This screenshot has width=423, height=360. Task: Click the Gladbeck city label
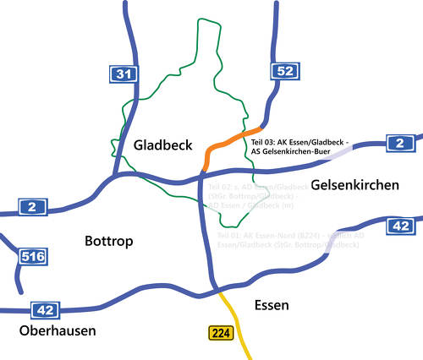tap(163, 145)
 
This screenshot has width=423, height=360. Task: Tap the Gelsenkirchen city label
tap(354, 184)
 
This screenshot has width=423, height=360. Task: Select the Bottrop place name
tap(110, 242)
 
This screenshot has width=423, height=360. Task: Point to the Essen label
tap(272, 305)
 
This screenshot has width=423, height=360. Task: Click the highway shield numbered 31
tap(124, 75)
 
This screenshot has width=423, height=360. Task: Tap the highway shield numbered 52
tap(283, 71)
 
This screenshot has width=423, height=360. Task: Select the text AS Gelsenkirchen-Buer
tap(291, 152)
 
